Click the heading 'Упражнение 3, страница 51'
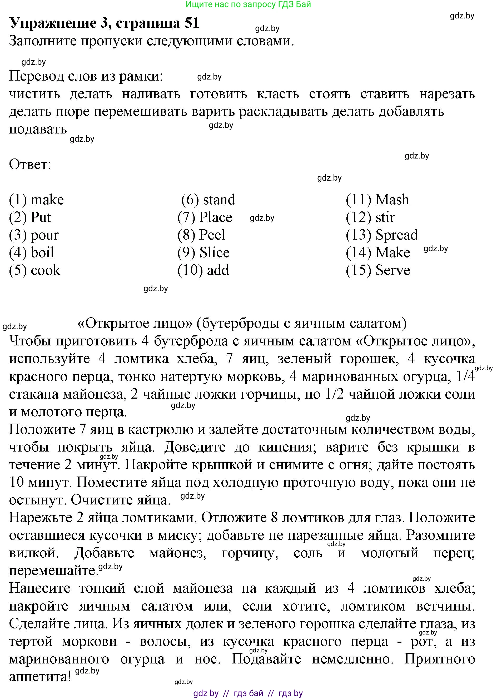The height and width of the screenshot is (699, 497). tap(104, 23)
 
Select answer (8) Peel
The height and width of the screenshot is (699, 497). tap(201, 235)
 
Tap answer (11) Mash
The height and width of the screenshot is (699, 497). tap(377, 200)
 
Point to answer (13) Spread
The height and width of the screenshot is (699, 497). tap(382, 235)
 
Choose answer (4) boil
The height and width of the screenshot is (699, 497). tap(32, 253)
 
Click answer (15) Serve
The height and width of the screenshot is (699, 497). tap(378, 270)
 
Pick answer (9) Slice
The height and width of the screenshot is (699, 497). tap(203, 253)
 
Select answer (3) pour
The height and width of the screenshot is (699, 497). tap(34, 235)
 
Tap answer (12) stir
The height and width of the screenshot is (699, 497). tap(370, 217)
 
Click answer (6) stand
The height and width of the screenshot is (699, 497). tap(208, 200)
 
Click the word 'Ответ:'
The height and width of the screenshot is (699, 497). tap(30, 165)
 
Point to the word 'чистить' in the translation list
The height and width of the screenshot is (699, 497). tap(34, 94)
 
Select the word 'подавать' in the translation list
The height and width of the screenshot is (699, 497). tap(38, 129)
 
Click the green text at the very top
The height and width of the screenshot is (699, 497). tap(248, 4)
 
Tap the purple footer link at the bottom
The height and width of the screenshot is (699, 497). tap(248, 693)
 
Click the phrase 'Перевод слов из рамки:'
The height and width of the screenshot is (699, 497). tap(86, 76)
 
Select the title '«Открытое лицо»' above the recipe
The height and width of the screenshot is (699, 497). tap(135, 324)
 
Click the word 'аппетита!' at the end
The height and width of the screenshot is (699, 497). tap(40, 677)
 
